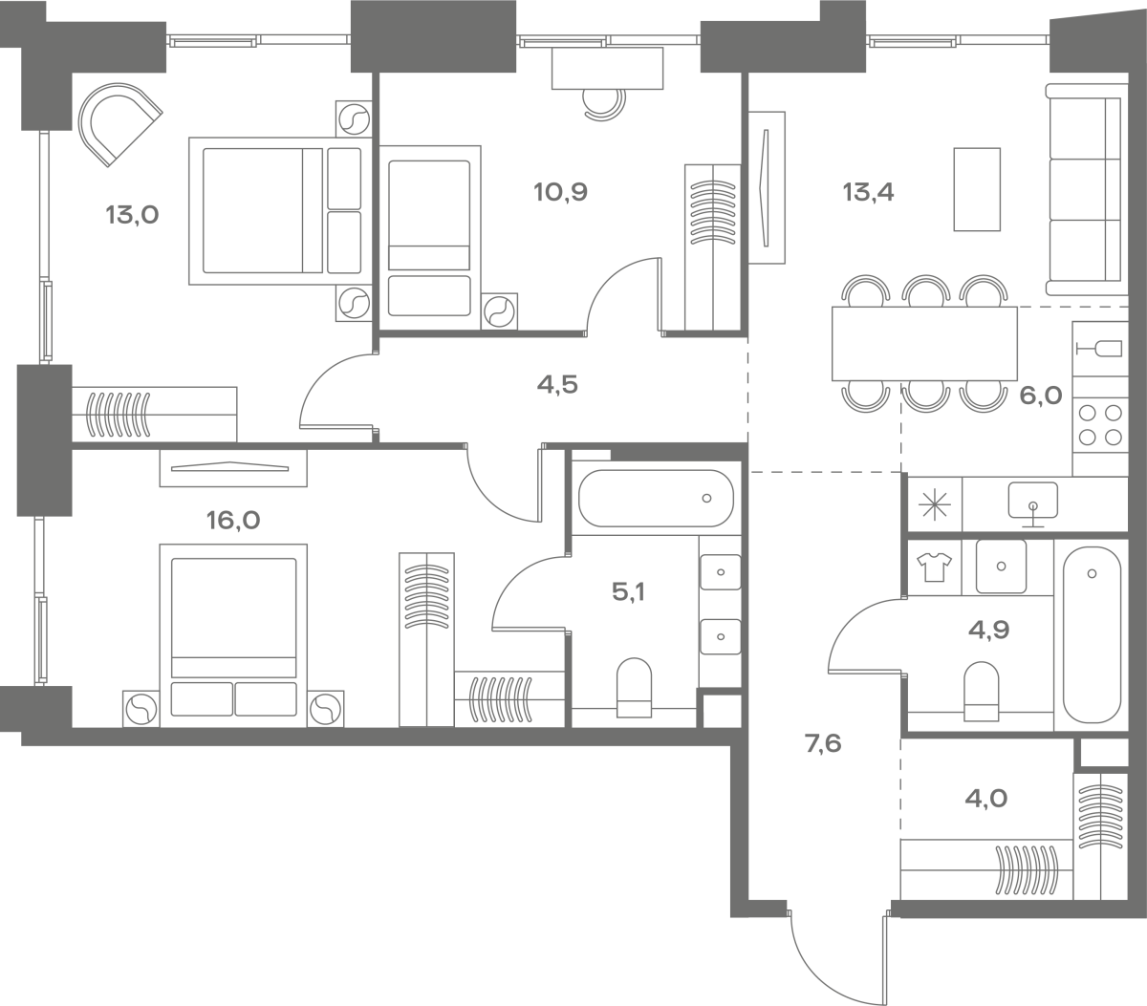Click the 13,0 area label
click(x=132, y=216)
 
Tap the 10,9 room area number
click(x=560, y=192)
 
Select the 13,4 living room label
click(x=868, y=192)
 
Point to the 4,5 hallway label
click(x=557, y=385)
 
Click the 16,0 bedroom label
click(x=233, y=520)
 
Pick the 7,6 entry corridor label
click(x=823, y=743)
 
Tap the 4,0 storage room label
click(x=986, y=799)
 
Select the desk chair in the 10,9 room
click(x=605, y=105)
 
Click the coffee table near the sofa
click(x=977, y=189)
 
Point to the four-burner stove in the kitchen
click(x=1100, y=425)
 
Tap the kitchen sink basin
click(x=1033, y=501)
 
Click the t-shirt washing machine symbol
click(x=934, y=567)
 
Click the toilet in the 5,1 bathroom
click(x=634, y=688)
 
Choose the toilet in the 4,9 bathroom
click(x=981, y=692)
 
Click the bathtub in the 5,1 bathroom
click(x=656, y=499)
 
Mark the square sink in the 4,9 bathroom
click(x=1002, y=567)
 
